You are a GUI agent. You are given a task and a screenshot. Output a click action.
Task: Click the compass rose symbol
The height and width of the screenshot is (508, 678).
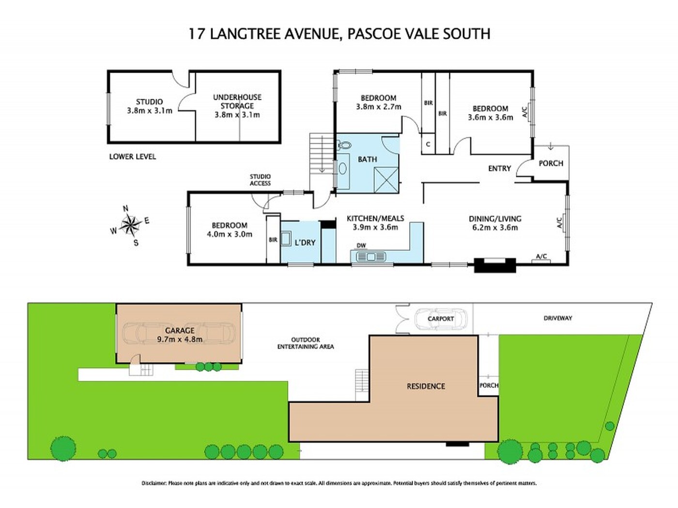(x=130, y=224)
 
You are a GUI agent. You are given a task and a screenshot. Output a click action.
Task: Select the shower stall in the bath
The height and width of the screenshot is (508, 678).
(x=385, y=179)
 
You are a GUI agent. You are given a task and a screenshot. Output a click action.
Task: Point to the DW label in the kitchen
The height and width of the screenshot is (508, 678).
(x=361, y=245)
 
